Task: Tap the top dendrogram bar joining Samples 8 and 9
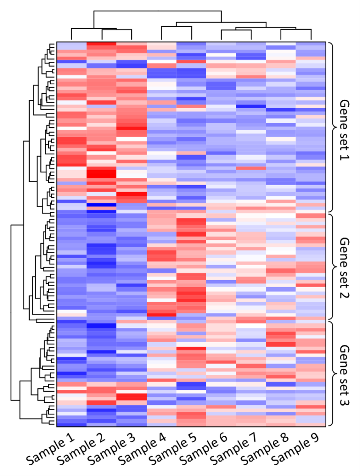(x=296, y=30)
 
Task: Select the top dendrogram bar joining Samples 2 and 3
(x=117, y=30)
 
